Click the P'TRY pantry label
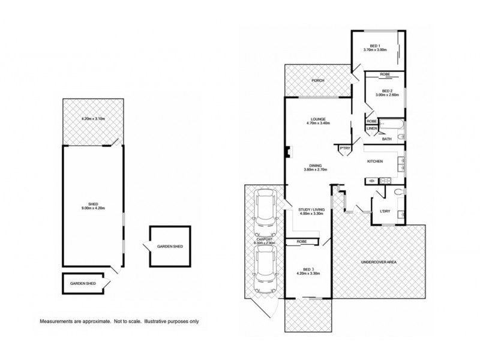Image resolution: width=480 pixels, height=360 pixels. click(x=344, y=148)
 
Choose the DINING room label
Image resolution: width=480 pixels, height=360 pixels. click(x=316, y=166)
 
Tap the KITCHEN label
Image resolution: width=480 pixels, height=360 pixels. click(x=375, y=161)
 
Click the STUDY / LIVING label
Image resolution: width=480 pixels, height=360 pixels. click(x=311, y=210)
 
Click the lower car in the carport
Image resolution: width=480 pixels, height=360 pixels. click(x=265, y=269)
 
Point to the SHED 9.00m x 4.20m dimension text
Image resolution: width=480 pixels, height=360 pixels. click(x=92, y=208)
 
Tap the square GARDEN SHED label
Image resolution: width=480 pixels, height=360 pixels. click(x=169, y=247)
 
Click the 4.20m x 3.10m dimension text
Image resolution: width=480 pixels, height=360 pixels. click(x=92, y=119)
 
